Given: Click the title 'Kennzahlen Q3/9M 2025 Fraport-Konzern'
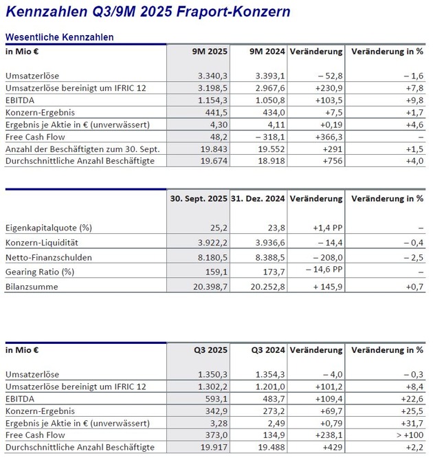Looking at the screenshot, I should (148, 12).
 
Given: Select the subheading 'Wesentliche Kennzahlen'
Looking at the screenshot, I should (59, 37).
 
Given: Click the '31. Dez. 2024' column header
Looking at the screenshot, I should (258, 199).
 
